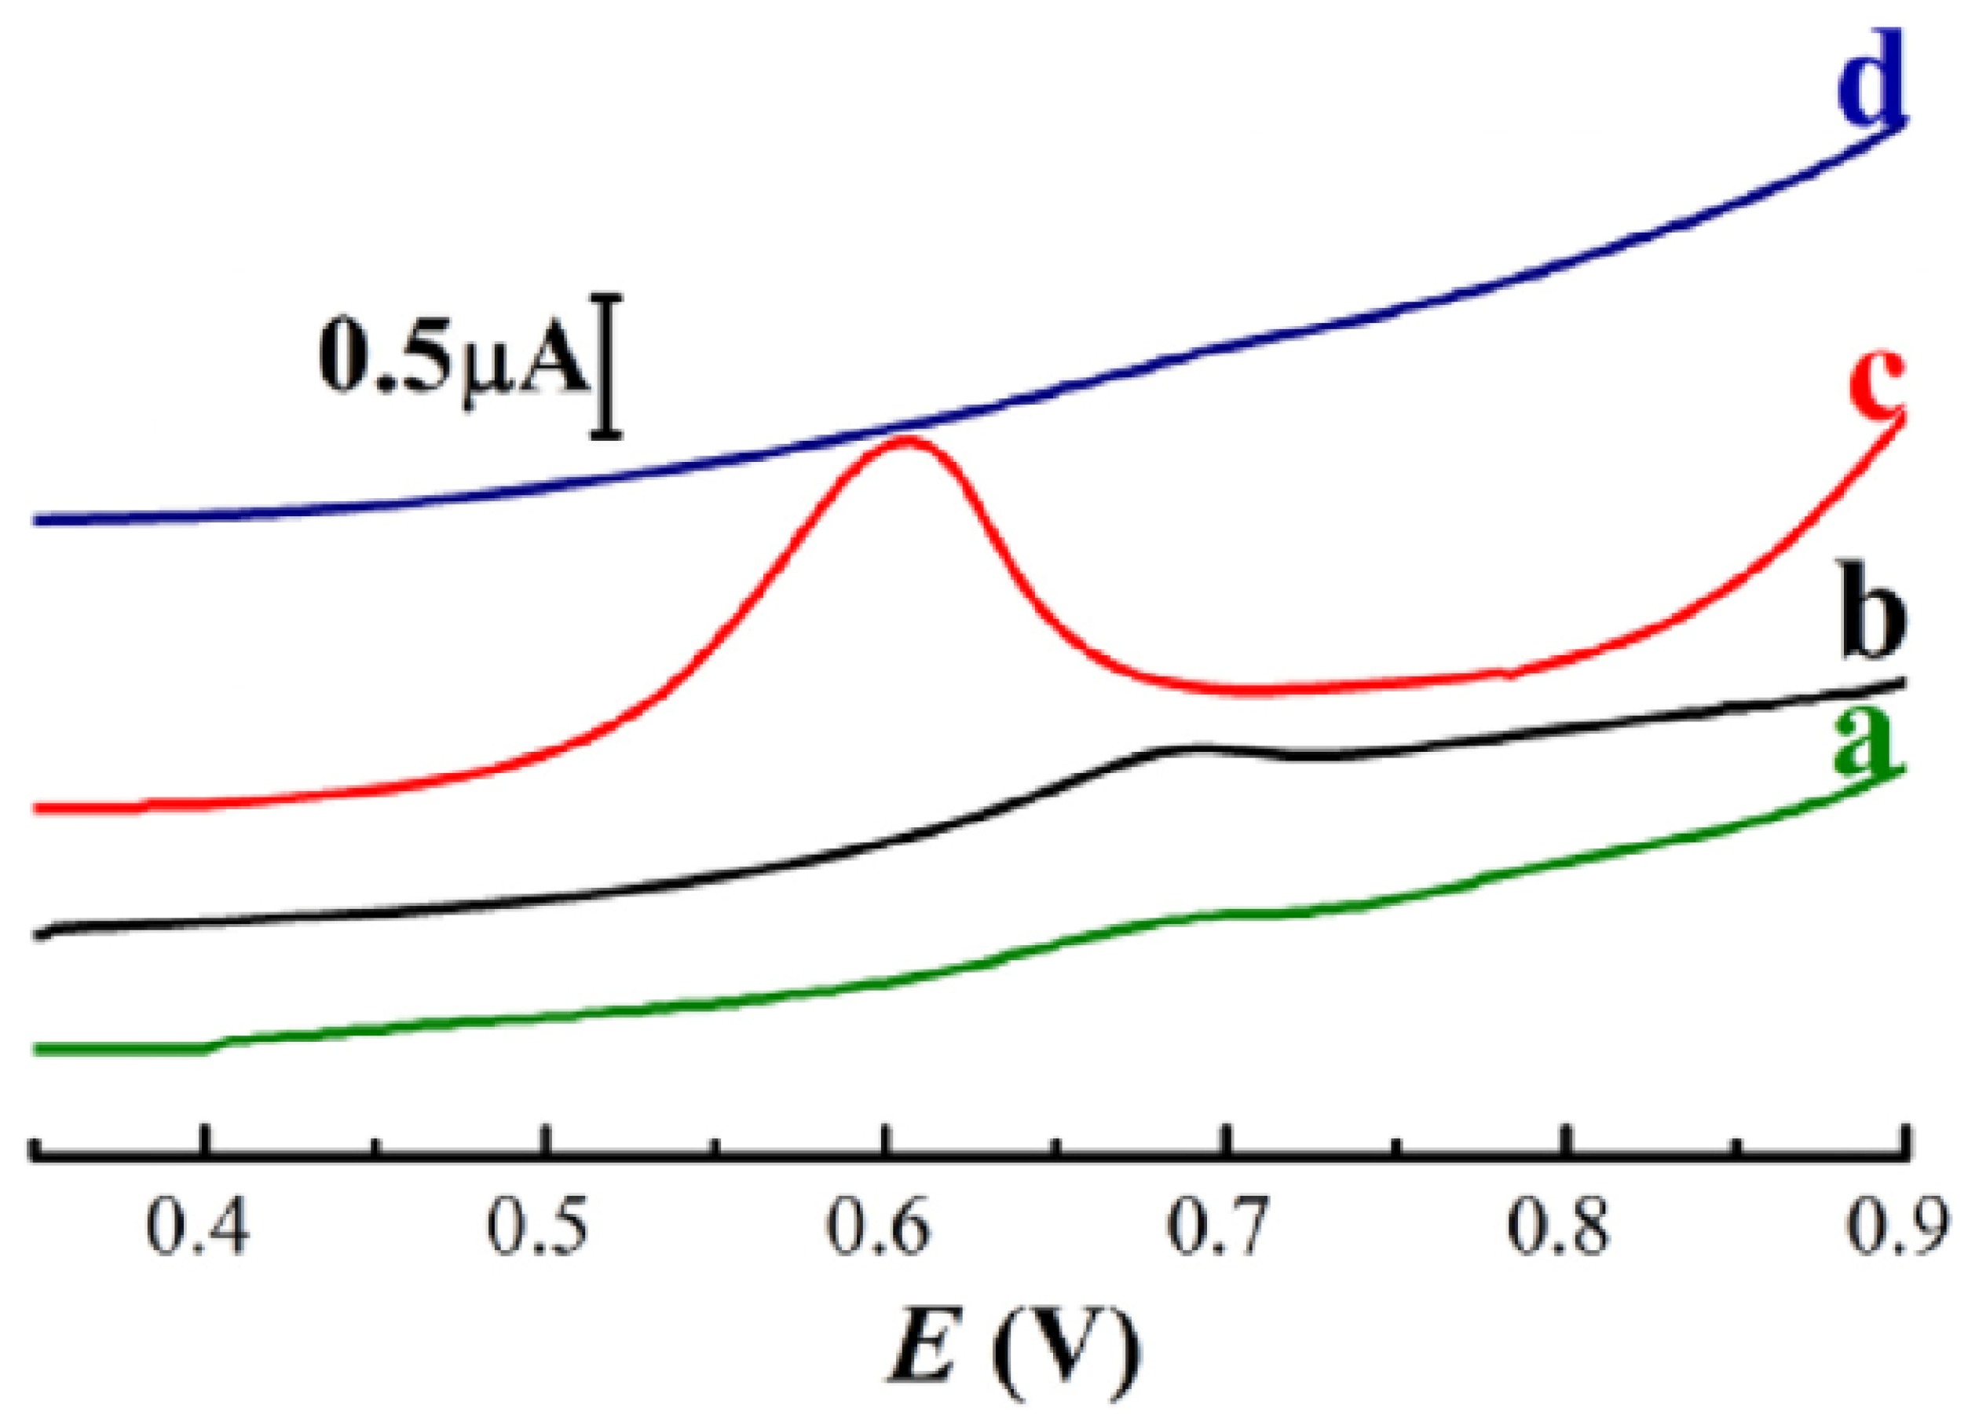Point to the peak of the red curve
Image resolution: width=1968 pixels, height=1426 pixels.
(907, 439)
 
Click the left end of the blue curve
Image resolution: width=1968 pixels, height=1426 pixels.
(36, 520)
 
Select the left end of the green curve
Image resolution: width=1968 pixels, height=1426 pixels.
(36, 1050)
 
